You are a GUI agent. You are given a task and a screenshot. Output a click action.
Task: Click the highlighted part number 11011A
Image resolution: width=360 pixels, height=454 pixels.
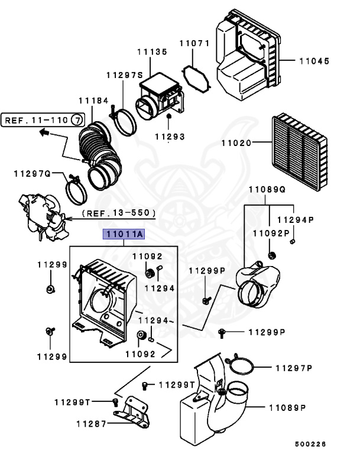[124, 234]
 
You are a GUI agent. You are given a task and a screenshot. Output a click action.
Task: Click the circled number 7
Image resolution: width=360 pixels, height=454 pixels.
[77, 120]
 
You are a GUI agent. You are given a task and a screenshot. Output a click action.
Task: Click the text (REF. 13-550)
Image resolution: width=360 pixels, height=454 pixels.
[118, 212]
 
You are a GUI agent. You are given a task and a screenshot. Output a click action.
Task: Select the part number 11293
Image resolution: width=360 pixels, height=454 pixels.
[170, 137]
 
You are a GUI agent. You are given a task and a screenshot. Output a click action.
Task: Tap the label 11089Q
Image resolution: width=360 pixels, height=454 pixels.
[267, 190]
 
